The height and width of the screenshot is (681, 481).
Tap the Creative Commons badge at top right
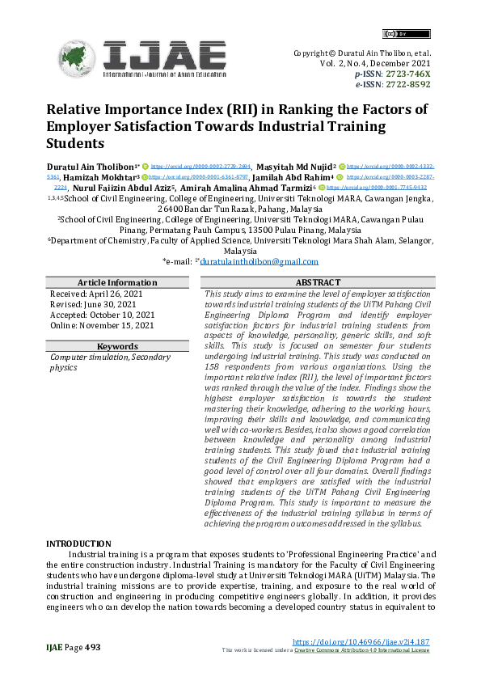pos(395,34)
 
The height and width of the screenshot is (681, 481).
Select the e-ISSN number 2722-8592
pos(407,83)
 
